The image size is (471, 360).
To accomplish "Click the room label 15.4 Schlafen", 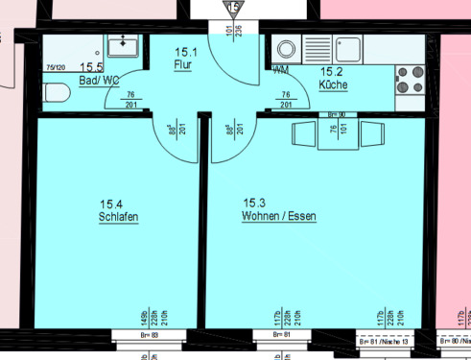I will pyautogui.click(x=118, y=210).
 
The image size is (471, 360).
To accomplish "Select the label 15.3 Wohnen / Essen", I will pyautogui.click(x=278, y=210).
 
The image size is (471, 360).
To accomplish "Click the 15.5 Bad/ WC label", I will pyautogui.click(x=99, y=73).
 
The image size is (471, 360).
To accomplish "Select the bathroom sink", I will pyautogui.click(x=124, y=46).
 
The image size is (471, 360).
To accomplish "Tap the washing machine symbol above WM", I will pyautogui.click(x=286, y=49).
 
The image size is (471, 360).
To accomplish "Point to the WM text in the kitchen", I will pyautogui.click(x=280, y=70).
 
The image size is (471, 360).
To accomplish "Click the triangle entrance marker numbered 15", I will pyautogui.click(x=233, y=8).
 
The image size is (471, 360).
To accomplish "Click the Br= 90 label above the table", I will pyautogui.click(x=336, y=115).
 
